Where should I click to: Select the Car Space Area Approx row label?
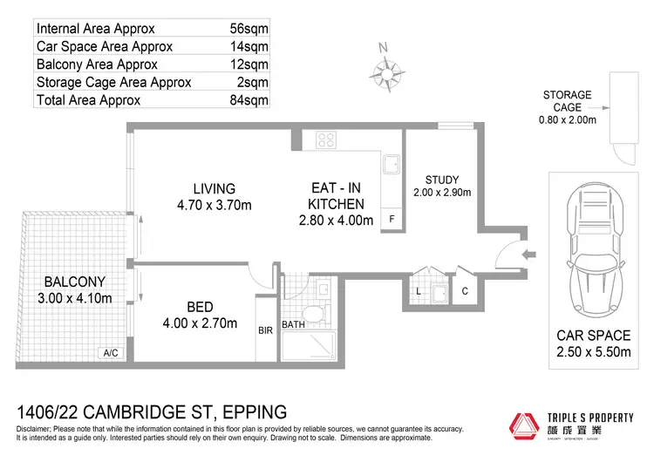coord(105,46)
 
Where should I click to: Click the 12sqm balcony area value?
coord(253,65)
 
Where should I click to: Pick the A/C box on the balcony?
coord(111,353)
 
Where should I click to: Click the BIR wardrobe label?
coord(266,331)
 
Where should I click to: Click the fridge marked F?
coord(392,218)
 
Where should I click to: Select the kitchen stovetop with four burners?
coord(327,139)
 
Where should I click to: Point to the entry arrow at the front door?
coord(529,255)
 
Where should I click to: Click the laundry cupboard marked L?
coord(419,289)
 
